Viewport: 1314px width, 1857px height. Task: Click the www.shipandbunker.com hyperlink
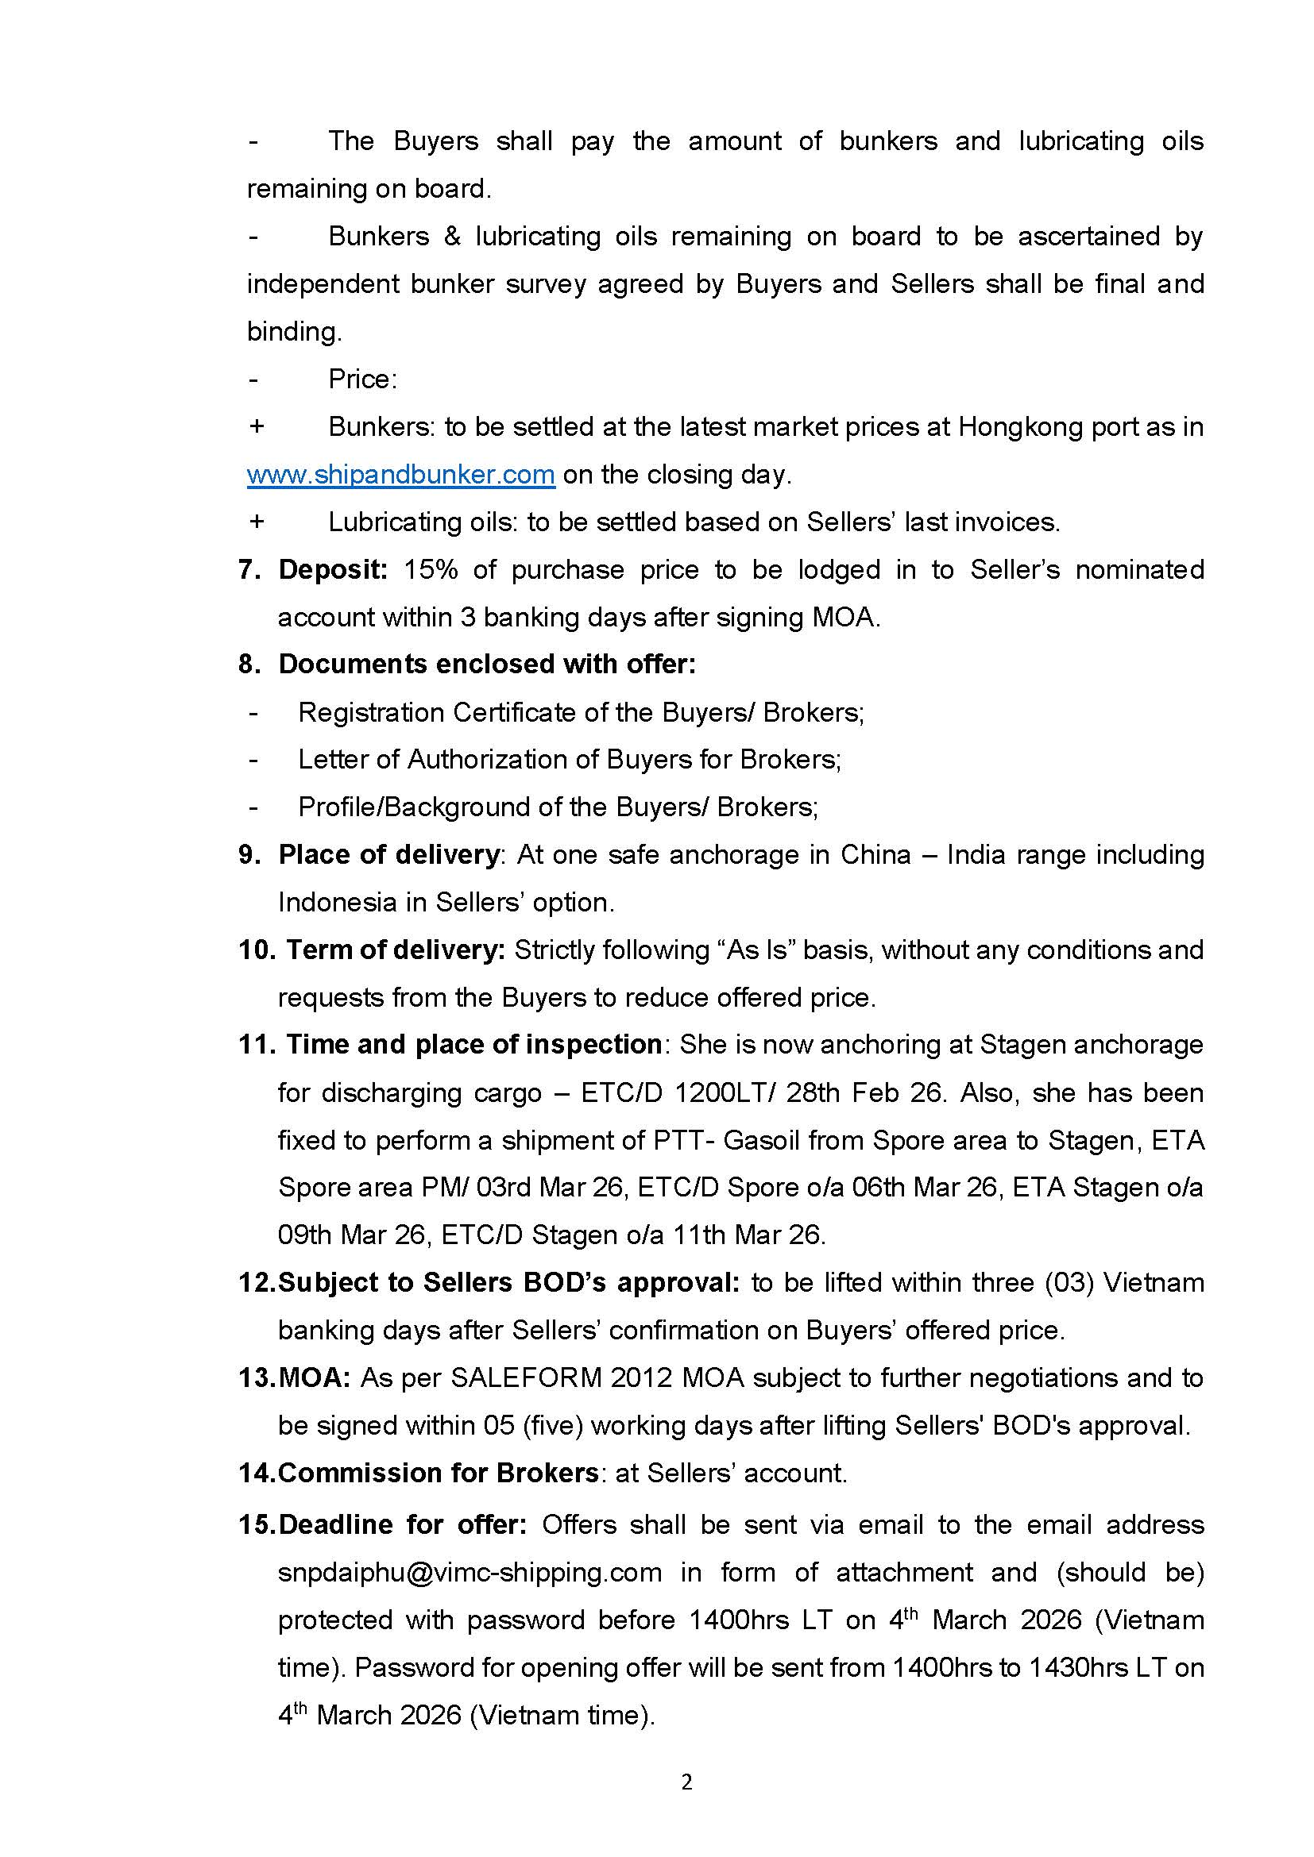coord(400,474)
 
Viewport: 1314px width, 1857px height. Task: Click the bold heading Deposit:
coord(333,569)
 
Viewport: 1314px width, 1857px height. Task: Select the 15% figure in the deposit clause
coord(431,569)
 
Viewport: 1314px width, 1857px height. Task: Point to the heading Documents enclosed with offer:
coord(487,664)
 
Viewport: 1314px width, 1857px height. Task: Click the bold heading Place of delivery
coord(388,854)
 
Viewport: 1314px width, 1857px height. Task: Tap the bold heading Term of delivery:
coord(396,950)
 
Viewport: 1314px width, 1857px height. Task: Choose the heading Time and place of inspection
coord(474,1044)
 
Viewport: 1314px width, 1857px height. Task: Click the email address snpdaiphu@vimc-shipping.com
coord(470,1571)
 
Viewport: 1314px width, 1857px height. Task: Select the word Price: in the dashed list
coord(362,379)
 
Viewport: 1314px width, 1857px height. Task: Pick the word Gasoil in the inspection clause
coord(759,1139)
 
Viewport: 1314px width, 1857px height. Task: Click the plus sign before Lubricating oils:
coord(257,522)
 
